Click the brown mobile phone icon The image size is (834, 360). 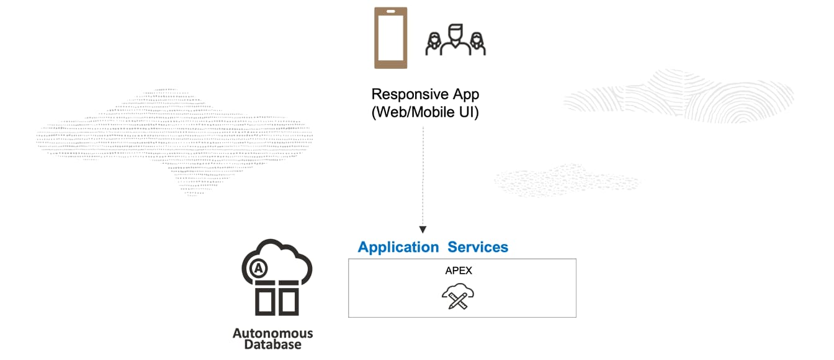(390, 38)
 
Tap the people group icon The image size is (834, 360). (455, 40)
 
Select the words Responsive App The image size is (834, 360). (425, 94)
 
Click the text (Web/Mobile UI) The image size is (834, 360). (425, 113)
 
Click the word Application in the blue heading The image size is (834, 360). (398, 247)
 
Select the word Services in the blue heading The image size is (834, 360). (478, 247)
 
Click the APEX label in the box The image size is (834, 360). (459, 271)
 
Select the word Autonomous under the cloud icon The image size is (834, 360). (272, 333)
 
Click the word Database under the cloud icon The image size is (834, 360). (272, 345)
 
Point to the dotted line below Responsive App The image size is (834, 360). (423, 174)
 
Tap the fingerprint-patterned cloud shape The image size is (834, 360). (679, 96)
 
